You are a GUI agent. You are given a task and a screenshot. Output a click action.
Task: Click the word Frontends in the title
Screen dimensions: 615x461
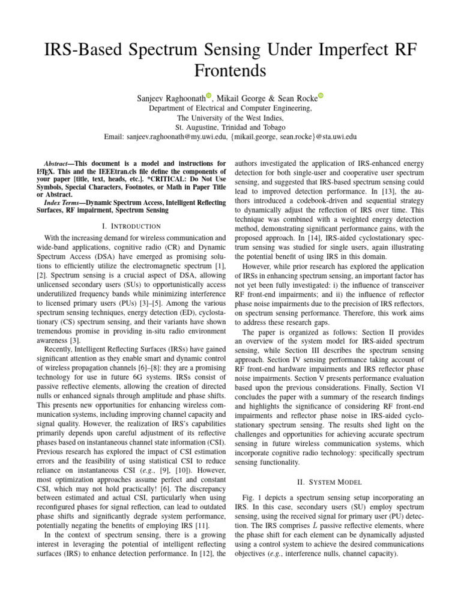tap(230, 71)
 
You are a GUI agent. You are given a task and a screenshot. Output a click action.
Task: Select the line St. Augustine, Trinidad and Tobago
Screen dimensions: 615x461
tap(230, 127)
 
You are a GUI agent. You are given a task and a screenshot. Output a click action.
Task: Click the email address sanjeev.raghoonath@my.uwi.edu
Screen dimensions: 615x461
tap(184, 137)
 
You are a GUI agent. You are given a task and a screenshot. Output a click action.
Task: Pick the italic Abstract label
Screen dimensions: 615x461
tap(59, 163)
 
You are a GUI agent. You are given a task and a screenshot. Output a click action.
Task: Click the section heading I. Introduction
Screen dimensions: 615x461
tap(131, 226)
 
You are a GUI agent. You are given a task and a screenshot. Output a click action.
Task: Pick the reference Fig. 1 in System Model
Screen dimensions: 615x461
tap(250, 498)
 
